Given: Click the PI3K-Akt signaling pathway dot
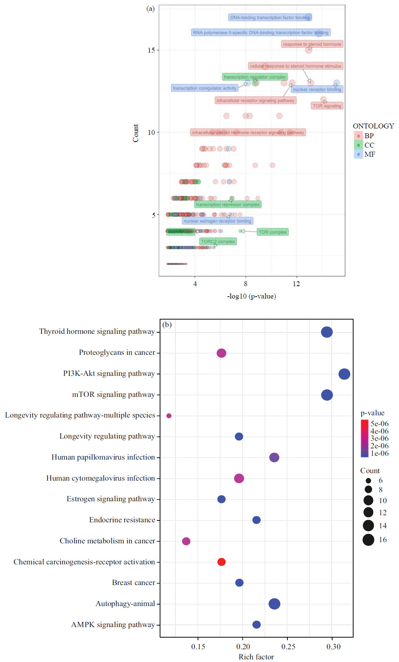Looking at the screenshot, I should coord(344,374).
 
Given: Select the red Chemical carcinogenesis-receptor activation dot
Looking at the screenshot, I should coord(221,562).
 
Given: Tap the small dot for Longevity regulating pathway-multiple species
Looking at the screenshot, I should coord(169,416).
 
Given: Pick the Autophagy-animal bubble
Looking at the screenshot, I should coord(274,604).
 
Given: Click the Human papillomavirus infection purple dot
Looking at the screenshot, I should coord(274,457).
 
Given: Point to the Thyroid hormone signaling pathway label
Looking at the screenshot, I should coord(97,332).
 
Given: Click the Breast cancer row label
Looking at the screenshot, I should coord(133,583).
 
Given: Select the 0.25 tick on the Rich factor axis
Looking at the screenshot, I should coord(288,647).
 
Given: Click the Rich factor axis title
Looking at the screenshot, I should coord(256,657).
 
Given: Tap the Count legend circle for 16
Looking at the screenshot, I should coord(368,540).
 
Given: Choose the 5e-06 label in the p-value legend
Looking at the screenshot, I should coord(379,424).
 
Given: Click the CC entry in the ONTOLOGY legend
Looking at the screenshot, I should coord(369,145).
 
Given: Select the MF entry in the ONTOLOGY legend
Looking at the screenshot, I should coord(369,154).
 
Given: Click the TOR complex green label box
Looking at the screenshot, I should coord(272,232).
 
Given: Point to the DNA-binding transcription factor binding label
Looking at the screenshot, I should coord(270,18).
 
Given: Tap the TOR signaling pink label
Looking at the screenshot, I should coord(327,106).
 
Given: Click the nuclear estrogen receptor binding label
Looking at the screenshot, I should coord(217,221).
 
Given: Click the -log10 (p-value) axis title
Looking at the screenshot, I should coord(251,296).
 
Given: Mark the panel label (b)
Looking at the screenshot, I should coord(167,324).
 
